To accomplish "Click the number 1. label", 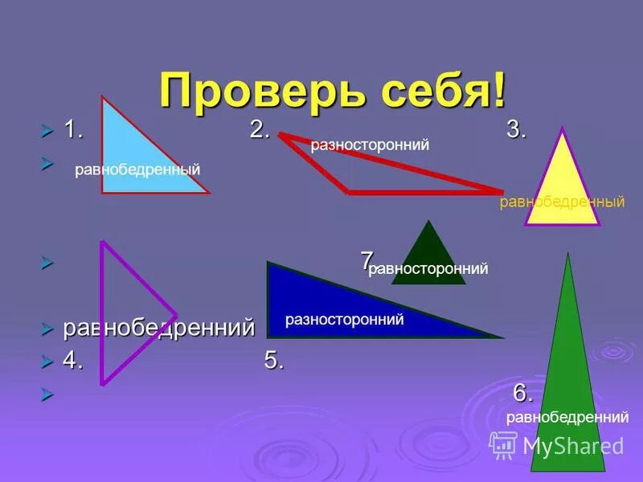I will click(x=75, y=129).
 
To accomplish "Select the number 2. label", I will click(x=260, y=129).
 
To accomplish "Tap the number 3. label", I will click(x=516, y=129).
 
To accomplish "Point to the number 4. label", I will click(x=73, y=361).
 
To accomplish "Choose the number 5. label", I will click(x=274, y=361).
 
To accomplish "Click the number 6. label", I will click(x=523, y=394).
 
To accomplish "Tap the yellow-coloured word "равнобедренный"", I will click(x=562, y=202).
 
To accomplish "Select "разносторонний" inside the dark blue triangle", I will click(x=344, y=320).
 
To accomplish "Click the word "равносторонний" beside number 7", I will click(x=428, y=269).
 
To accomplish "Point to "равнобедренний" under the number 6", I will click(x=567, y=417).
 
